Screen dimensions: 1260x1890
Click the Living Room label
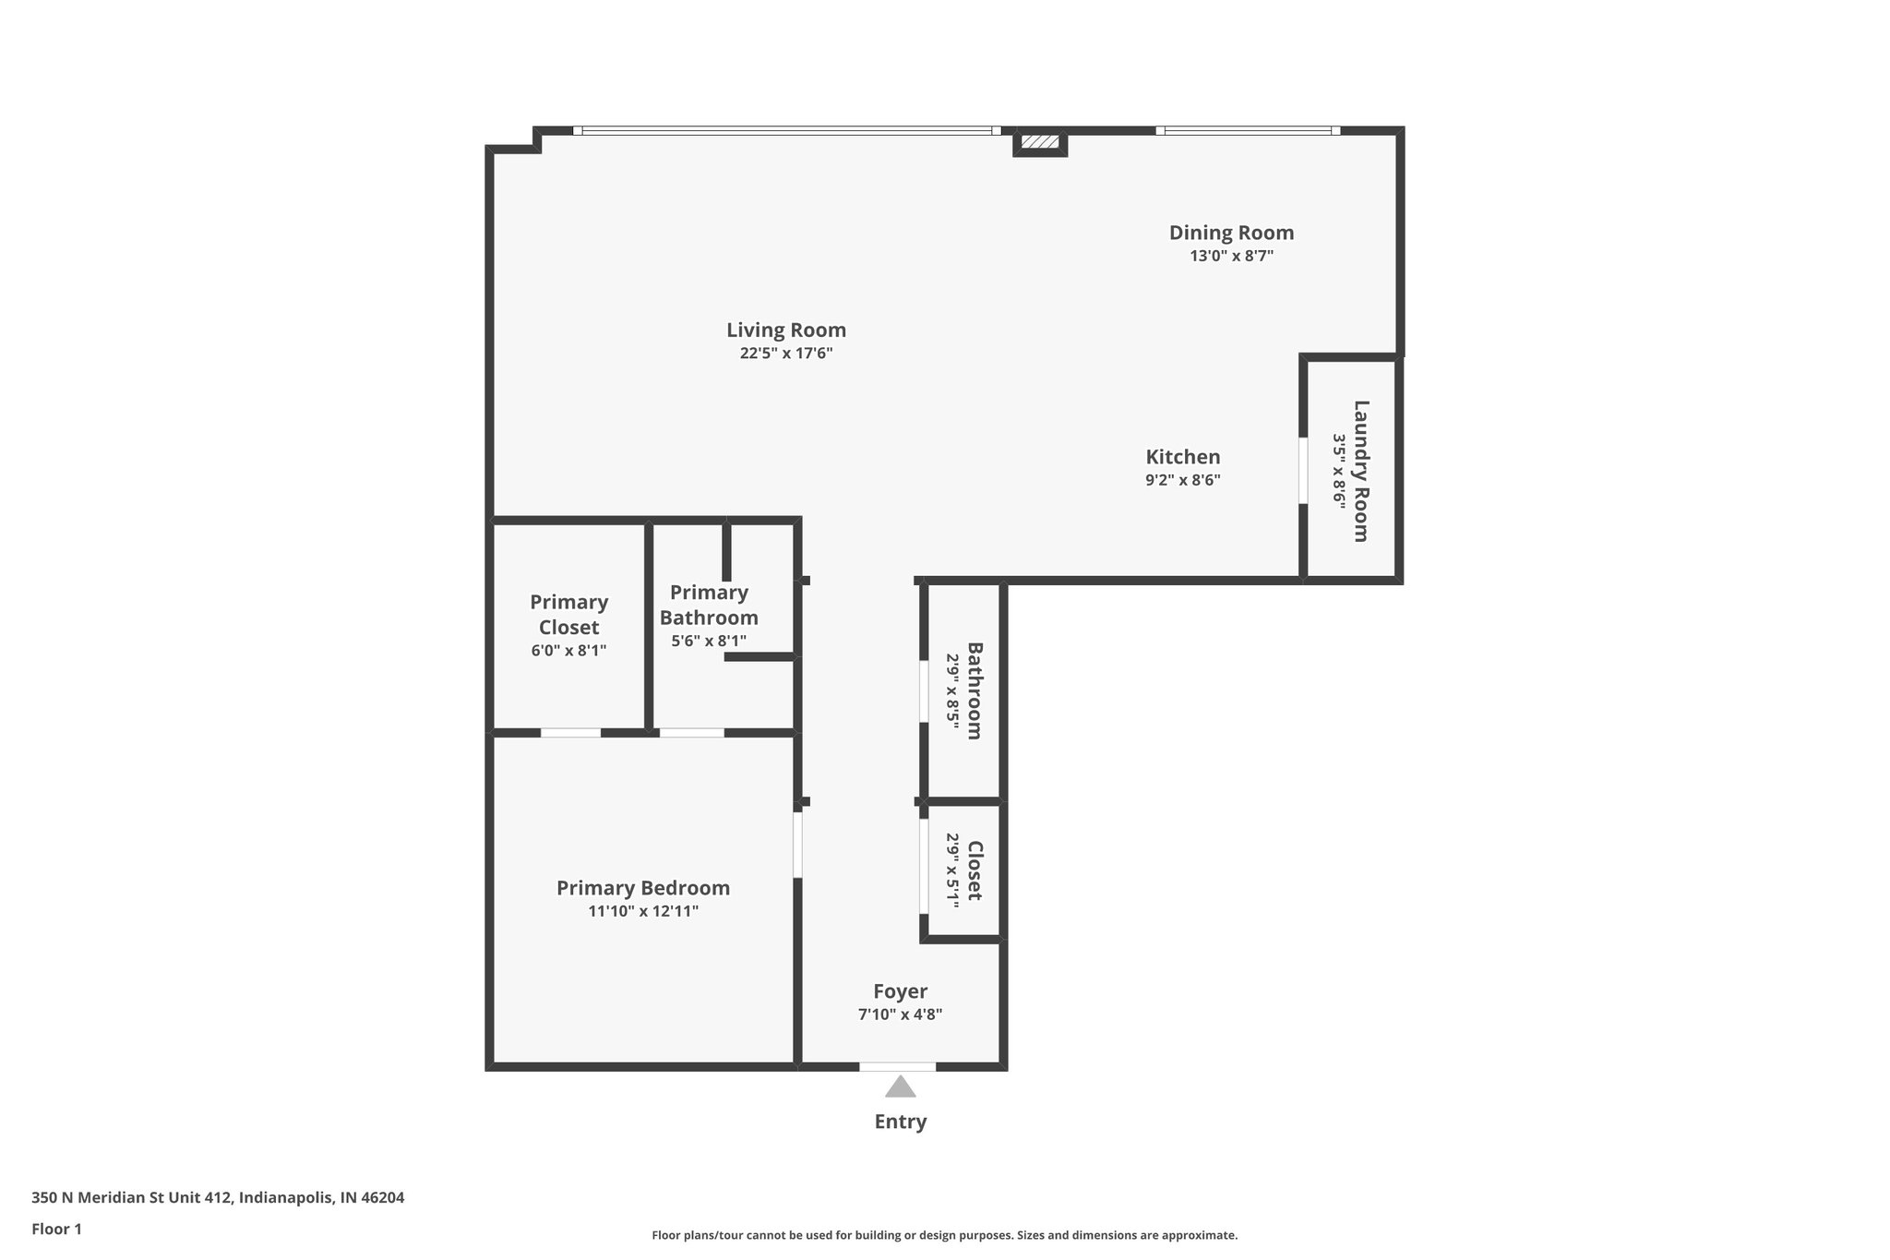pos(785,330)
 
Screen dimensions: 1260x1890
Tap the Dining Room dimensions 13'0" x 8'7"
pos(1231,257)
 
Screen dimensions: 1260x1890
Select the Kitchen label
pos(1182,457)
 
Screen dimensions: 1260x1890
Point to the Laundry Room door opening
pos(1303,471)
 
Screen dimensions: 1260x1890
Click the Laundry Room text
pos(1361,471)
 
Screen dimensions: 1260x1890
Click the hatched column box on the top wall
pos(1040,142)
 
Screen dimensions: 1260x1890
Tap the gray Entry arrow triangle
pos(900,1087)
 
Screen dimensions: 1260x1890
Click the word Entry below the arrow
pos(900,1122)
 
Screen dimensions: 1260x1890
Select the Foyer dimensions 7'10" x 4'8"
pos(900,1014)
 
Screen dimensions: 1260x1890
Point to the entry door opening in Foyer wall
pos(897,1067)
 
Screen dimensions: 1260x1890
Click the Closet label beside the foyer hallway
pos(975,870)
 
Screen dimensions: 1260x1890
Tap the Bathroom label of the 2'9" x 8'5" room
pos(975,690)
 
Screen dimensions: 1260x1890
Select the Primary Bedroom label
pos(643,888)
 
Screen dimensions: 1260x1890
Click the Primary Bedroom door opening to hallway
pos(797,844)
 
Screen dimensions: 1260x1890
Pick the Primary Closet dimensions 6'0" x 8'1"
pos(568,651)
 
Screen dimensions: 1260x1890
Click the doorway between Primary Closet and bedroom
pos(570,733)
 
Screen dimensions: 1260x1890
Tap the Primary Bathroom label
pos(709,605)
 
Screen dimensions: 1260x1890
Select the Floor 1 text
pos(56,1230)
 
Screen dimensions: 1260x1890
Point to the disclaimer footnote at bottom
pos(944,1235)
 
